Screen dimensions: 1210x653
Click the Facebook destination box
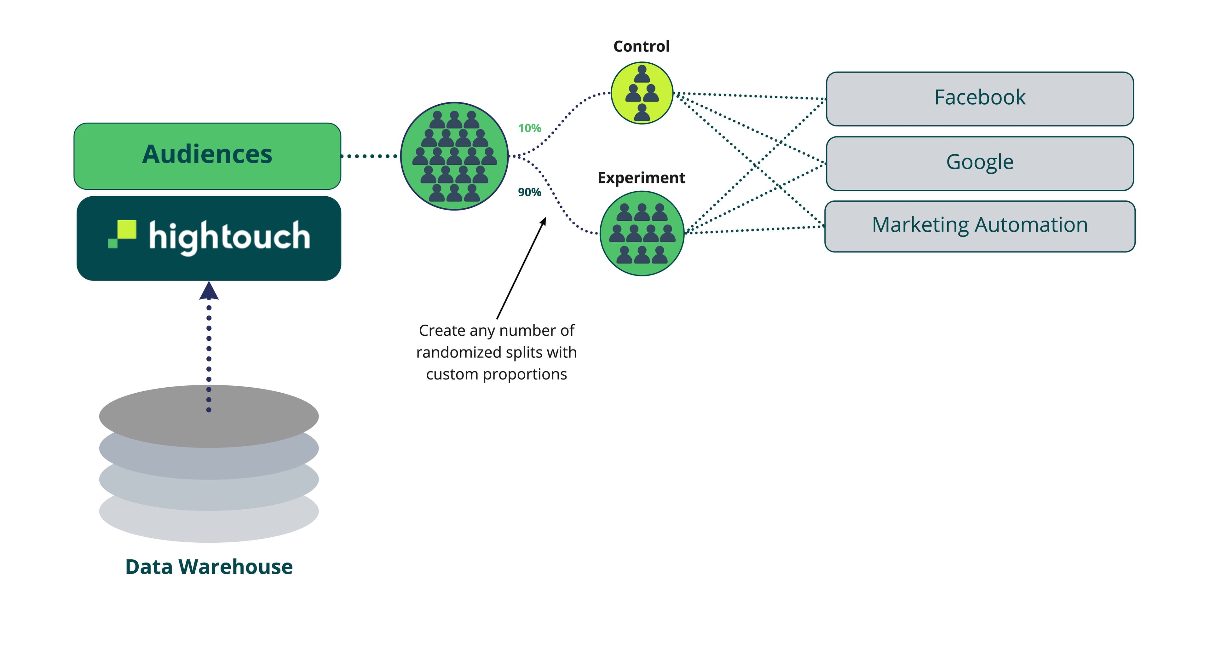click(980, 99)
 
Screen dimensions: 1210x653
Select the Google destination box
click(980, 164)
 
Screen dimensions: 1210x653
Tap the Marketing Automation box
click(980, 226)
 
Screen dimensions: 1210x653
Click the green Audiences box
click(207, 156)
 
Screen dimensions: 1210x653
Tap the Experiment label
click(641, 178)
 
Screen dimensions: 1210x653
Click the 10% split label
click(529, 128)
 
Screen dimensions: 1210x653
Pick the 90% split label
click(529, 192)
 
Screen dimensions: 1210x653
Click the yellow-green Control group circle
click(642, 93)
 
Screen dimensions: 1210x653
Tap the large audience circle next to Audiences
click(454, 156)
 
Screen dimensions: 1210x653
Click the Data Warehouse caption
click(209, 567)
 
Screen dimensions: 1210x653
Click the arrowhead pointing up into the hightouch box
click(209, 291)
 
